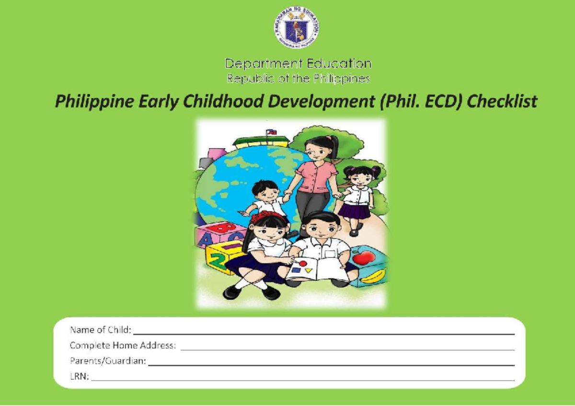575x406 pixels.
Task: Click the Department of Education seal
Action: tap(297, 28)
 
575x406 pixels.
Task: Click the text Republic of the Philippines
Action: tap(298, 79)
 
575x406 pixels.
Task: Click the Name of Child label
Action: tap(100, 330)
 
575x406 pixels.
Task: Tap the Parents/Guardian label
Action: tap(108, 361)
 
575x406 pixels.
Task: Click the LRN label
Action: tap(79, 377)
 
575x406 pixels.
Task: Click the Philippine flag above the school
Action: tap(271, 131)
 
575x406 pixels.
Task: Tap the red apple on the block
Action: tap(364, 258)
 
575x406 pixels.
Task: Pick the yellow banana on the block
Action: tap(372, 277)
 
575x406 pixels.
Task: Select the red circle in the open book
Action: tap(302, 263)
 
